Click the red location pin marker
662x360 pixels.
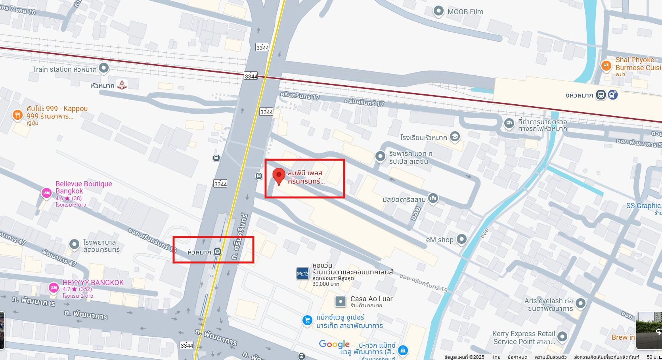279,176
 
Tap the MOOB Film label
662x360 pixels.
465,12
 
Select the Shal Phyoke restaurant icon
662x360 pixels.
606,65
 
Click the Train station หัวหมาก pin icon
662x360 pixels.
104,68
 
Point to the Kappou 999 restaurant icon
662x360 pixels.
17,115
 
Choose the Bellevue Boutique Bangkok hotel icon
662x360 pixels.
46,193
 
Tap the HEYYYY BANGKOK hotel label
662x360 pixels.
93,283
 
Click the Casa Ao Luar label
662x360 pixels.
371,299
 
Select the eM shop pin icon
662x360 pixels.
461,239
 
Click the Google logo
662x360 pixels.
334,344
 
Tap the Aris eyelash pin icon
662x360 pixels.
580,303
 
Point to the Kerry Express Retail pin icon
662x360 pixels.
562,337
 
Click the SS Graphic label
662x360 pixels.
643,206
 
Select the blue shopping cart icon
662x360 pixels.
307,320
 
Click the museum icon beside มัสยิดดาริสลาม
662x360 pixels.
433,198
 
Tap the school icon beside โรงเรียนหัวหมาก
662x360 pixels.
455,137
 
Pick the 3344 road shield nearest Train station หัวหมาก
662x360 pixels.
251,76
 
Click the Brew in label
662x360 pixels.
623,337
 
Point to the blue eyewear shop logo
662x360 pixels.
303,273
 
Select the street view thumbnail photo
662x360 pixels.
649,331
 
